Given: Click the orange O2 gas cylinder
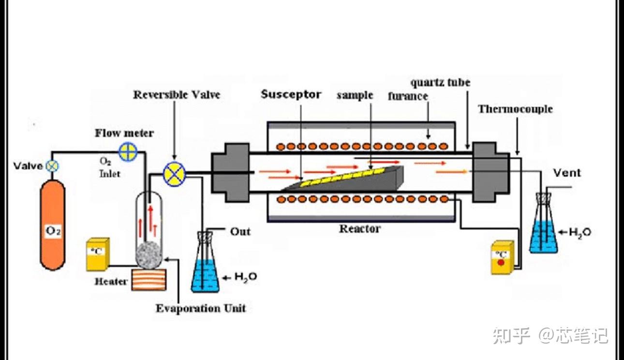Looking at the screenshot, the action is (53, 225).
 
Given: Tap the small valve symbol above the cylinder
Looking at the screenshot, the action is (52, 166).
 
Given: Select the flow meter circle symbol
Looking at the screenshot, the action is (128, 152).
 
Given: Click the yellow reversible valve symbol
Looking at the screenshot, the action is (175, 174).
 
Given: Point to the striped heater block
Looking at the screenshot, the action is (149, 280).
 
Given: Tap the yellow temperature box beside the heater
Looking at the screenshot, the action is (98, 254).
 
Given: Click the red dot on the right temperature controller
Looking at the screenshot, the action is (501, 262).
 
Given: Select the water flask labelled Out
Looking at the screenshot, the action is (205, 262).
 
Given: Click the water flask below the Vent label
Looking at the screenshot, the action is (543, 223).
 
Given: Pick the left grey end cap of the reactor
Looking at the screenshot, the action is (230, 172).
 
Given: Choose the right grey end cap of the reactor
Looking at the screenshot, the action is (491, 172).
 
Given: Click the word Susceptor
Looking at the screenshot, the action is (291, 94).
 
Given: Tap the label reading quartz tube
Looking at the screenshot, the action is (440, 82).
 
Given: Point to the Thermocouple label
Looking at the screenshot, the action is (515, 109).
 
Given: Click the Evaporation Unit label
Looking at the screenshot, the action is (201, 308).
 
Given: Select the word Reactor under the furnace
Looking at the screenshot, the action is (360, 229).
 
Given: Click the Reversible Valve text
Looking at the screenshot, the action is (177, 95).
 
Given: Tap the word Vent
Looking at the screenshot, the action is (567, 173).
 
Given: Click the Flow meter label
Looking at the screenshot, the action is (124, 133).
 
